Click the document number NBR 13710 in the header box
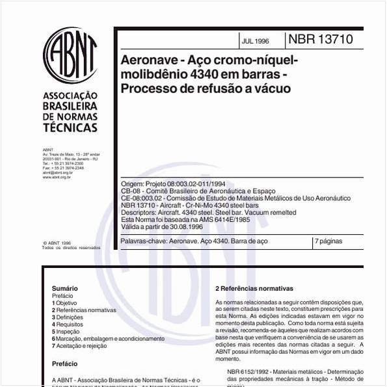tap(321, 40)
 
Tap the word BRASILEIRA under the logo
tap(70, 105)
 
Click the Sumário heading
tap(65, 288)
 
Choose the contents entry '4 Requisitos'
tap(68, 324)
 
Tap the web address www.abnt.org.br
tap(57, 176)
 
